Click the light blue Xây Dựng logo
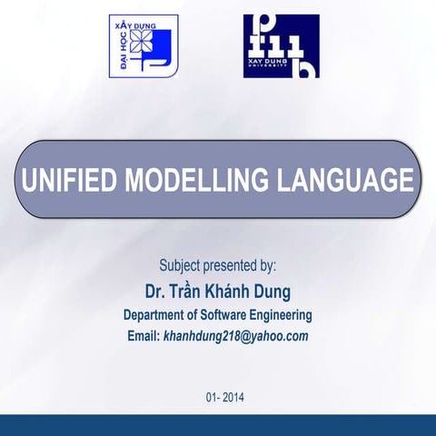tap(144, 46)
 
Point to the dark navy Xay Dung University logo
tap(281, 46)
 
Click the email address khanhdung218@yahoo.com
tap(236, 336)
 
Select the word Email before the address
tap(143, 336)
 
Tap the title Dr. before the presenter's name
tap(157, 292)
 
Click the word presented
tap(234, 267)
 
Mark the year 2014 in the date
tap(233, 397)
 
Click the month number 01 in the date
tap(213, 397)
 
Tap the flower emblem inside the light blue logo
tap(142, 40)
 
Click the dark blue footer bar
tap(218, 425)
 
